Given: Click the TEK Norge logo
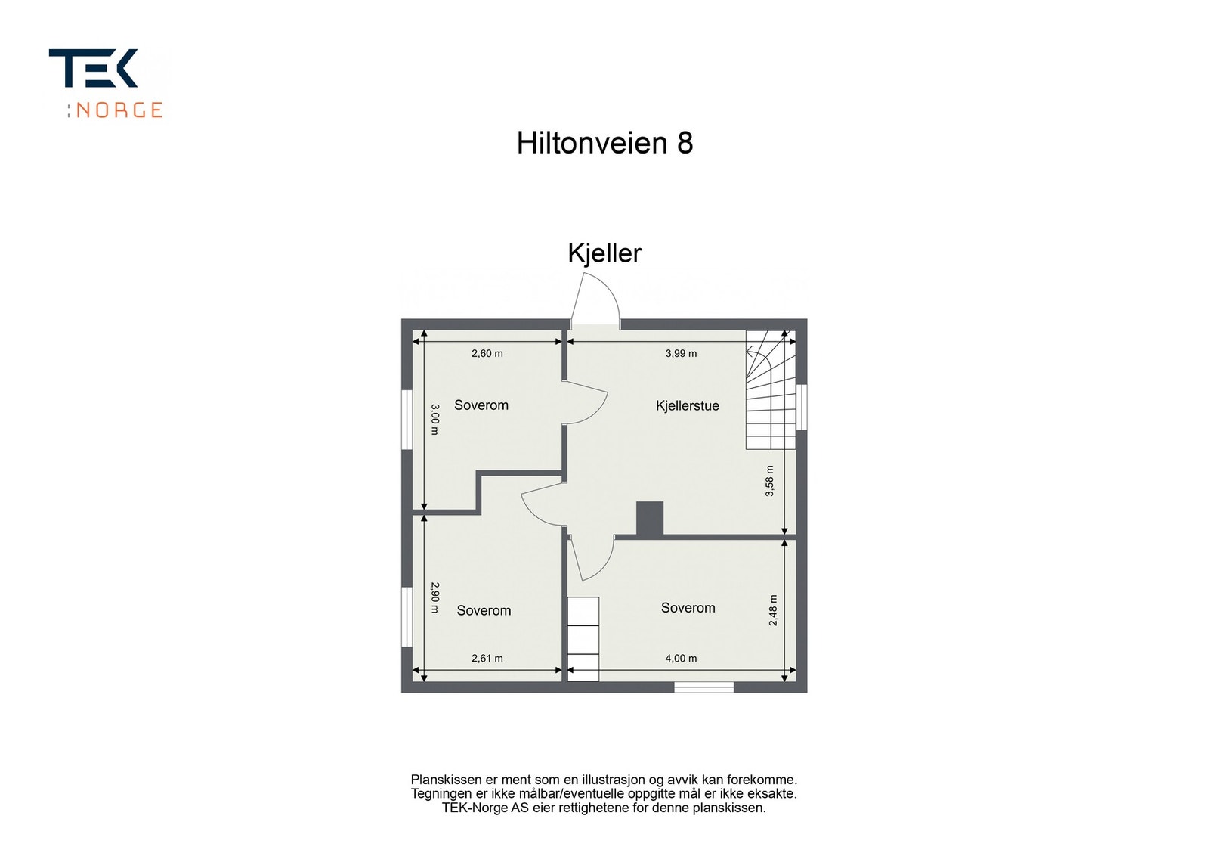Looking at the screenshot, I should (106, 83).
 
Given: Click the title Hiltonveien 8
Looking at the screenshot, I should (604, 143).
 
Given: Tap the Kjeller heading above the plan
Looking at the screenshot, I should (604, 253).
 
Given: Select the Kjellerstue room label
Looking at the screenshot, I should (687, 406).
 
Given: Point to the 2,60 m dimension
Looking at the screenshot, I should (487, 353).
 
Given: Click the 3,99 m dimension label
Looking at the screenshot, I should (681, 353).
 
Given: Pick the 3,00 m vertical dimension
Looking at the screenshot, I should (434, 419).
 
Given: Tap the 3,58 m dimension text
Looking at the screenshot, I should (769, 481).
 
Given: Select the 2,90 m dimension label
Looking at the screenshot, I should (434, 597).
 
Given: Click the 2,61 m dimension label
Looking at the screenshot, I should (487, 658).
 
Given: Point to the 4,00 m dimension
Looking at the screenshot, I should (681, 658).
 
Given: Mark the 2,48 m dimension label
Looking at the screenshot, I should (773, 610).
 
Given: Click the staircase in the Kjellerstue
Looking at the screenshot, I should (771, 389).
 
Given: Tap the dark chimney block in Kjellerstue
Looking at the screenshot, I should (649, 519).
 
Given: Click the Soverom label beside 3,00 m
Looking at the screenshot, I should (481, 405).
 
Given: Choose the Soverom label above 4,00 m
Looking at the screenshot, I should (688, 608).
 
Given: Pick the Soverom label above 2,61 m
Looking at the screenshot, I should (484, 611).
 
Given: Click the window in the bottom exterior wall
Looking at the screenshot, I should (703, 687).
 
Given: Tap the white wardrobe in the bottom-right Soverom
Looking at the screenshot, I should (583, 638).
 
